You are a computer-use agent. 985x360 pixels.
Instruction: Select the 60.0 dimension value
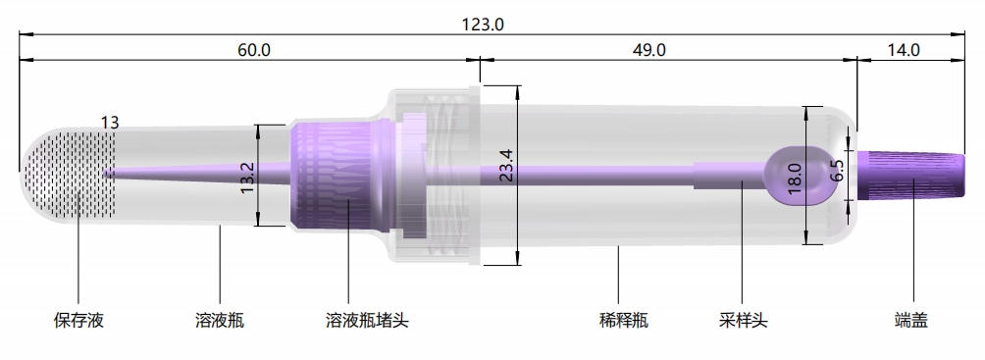tap(253, 50)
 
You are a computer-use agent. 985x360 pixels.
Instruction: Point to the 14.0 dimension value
tap(902, 50)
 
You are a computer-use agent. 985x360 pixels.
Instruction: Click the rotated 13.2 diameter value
tap(248, 176)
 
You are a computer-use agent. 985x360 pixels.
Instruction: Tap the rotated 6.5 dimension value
tap(837, 173)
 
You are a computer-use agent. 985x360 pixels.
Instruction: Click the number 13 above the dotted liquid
tap(109, 123)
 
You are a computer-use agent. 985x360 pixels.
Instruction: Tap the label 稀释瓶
tap(623, 321)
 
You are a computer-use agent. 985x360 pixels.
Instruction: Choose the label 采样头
tap(743, 321)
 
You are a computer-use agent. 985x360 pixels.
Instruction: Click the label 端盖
tap(911, 321)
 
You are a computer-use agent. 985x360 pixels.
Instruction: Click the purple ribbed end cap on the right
tap(910, 176)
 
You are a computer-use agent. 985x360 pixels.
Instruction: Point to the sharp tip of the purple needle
tap(106, 173)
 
